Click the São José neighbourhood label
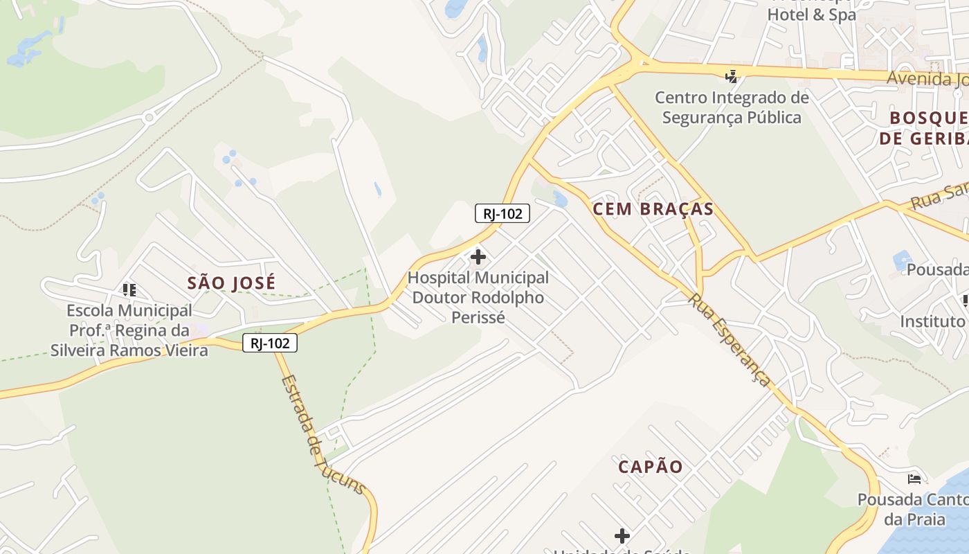tap(231, 283)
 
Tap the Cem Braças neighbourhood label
tap(653, 209)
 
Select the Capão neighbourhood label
tap(651, 467)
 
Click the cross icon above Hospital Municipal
tap(478, 258)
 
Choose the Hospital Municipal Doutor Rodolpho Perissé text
tap(478, 298)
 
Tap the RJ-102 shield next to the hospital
tap(502, 213)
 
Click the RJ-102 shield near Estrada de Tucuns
tap(270, 343)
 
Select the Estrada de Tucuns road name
tap(323, 434)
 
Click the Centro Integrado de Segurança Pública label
tap(732, 107)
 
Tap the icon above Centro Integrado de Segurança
tap(732, 75)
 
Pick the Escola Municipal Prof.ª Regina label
tap(129, 330)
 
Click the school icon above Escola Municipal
tap(129, 289)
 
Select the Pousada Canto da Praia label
tap(912, 509)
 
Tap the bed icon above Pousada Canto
tap(914, 479)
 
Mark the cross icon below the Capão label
tap(622, 535)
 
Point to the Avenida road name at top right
tap(927, 78)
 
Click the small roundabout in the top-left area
tap(149, 118)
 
